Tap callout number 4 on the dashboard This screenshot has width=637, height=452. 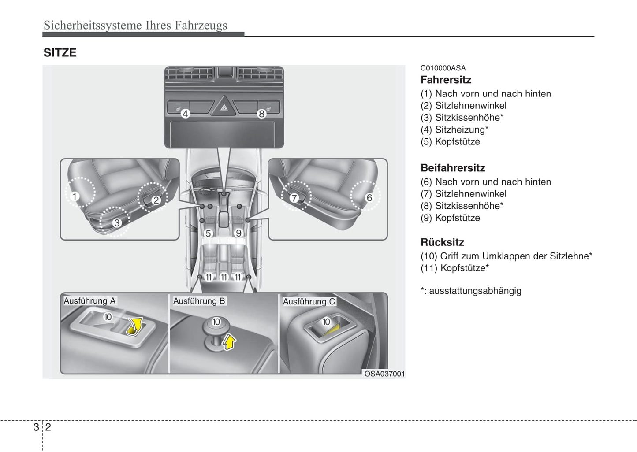tap(185, 114)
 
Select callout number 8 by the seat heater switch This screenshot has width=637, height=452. tap(261, 114)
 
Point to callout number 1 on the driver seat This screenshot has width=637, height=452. tap(75, 196)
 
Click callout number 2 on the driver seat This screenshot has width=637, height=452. tap(156, 200)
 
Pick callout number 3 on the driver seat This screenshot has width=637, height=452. tap(116, 223)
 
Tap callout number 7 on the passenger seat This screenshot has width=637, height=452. tap(294, 198)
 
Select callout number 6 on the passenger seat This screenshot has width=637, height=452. tap(369, 198)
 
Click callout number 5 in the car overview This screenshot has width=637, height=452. tap(208, 233)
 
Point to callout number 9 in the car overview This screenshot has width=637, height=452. tap(238, 233)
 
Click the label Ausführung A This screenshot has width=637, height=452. tap(89, 301)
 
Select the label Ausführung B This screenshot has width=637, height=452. tap(199, 301)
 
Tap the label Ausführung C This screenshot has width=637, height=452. tap(309, 301)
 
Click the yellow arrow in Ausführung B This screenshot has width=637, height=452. tap(229, 341)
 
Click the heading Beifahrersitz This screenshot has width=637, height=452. tap(453, 168)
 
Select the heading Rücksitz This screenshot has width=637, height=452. tap(442, 242)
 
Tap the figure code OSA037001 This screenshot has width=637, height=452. tap(384, 374)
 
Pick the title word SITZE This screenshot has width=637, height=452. tap(60, 53)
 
